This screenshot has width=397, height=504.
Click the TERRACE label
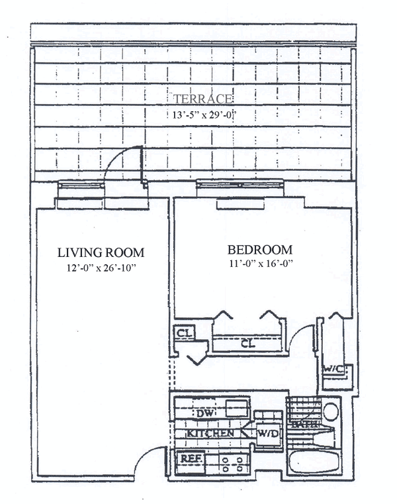pyautogui.click(x=202, y=99)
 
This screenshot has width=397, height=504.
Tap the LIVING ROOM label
pyautogui.click(x=101, y=252)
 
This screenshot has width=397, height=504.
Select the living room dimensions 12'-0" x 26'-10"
pyautogui.click(x=101, y=268)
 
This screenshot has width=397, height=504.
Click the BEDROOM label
pyautogui.click(x=259, y=250)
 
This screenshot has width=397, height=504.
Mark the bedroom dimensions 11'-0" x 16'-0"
pyautogui.click(x=259, y=264)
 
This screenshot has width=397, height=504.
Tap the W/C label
pyautogui.click(x=331, y=370)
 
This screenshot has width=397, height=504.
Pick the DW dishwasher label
pyautogui.click(x=204, y=413)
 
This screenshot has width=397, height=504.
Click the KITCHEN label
pyautogui.click(x=210, y=433)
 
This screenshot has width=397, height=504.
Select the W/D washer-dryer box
pyautogui.click(x=267, y=434)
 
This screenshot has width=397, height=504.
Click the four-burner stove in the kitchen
pyautogui.click(x=232, y=462)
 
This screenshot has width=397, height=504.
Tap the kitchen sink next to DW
pyautogui.click(x=234, y=407)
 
